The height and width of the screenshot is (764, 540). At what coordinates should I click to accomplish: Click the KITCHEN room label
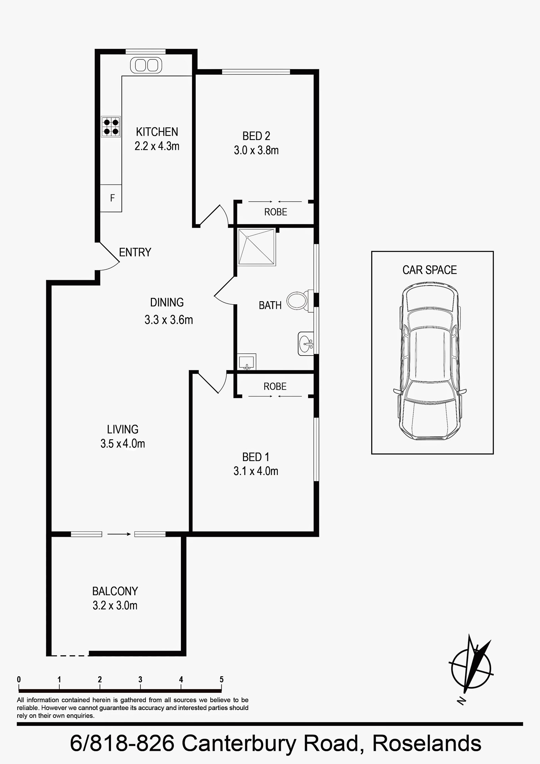pos(157,131)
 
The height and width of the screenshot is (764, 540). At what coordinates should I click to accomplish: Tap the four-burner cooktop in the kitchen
pos(111,126)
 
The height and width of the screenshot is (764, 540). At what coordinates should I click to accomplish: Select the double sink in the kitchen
pos(146,65)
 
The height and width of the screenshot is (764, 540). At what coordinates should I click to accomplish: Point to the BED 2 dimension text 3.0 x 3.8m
pos(256,150)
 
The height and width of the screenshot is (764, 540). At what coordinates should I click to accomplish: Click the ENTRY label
pos(135,252)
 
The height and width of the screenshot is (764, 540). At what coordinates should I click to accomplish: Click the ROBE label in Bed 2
pos(276,212)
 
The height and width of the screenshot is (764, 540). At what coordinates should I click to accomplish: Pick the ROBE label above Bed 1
pos(275,386)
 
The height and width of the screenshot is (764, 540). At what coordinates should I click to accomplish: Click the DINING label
pos(167,302)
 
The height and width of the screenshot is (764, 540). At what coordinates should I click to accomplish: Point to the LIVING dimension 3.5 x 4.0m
pos(123,444)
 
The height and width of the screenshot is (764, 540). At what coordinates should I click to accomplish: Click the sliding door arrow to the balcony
pos(119,534)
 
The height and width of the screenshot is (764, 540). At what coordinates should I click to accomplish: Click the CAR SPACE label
pos(429,270)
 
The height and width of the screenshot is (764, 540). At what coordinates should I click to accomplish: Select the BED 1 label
pos(256,457)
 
